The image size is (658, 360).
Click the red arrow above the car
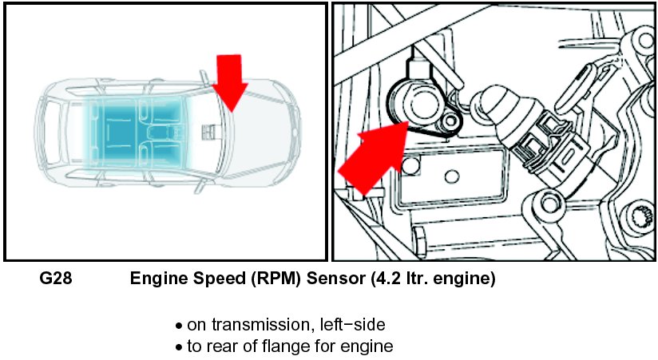[x=229, y=80]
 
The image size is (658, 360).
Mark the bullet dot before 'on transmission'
[x=179, y=326]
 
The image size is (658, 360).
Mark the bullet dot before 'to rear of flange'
[x=179, y=348]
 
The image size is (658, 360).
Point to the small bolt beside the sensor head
[x=453, y=121]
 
